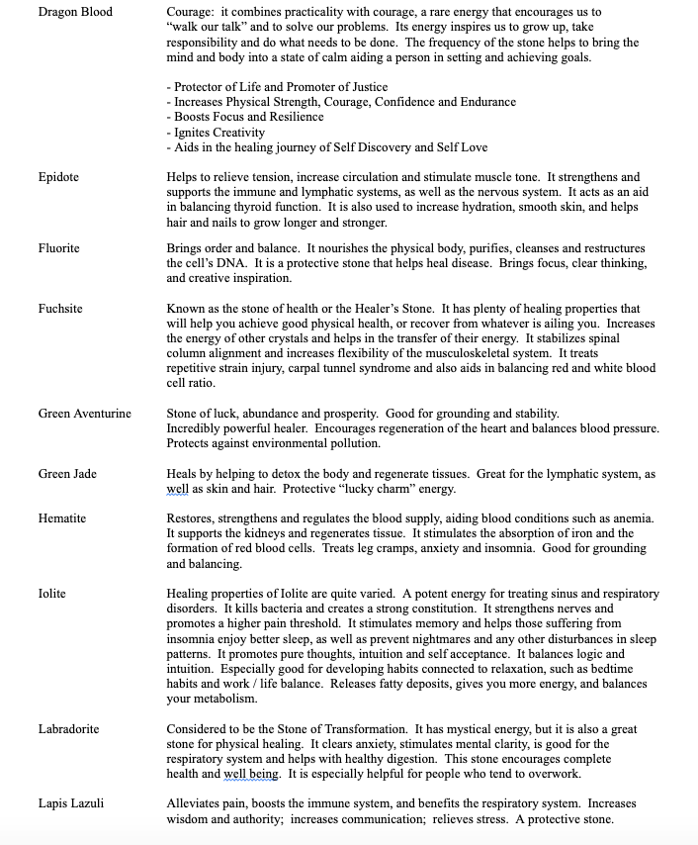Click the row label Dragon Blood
[75, 12]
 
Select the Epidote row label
[58, 177]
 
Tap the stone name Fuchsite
[60, 309]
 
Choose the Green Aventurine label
[84, 413]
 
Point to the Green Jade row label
[67, 474]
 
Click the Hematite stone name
[61, 518]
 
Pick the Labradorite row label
[68, 729]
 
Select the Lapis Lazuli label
[71, 803]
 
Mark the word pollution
[352, 443]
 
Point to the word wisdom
[191, 819]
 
